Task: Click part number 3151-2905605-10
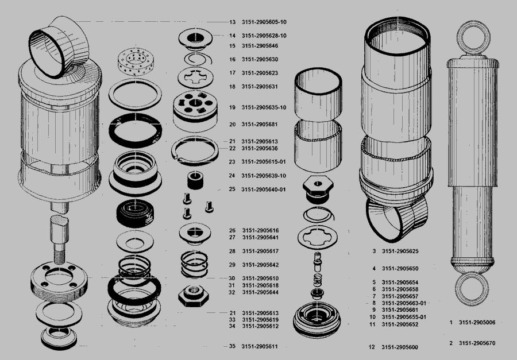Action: click(x=264, y=22)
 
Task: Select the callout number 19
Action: click(x=232, y=107)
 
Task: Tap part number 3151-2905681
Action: click(x=260, y=124)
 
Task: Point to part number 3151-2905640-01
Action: click(x=264, y=189)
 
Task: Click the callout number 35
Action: click(x=232, y=346)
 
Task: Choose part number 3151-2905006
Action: click(x=477, y=323)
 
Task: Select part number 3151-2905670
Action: click(x=477, y=343)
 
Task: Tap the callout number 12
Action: click(x=372, y=347)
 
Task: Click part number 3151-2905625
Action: click(x=400, y=251)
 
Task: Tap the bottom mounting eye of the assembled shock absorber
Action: click(x=472, y=289)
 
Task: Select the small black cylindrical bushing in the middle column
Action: click(x=195, y=180)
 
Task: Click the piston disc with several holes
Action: click(x=195, y=106)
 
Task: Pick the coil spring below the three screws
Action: click(x=195, y=264)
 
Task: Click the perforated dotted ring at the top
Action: click(x=136, y=62)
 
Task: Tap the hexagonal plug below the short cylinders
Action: click(x=317, y=190)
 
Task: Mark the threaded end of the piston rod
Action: click(x=59, y=257)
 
